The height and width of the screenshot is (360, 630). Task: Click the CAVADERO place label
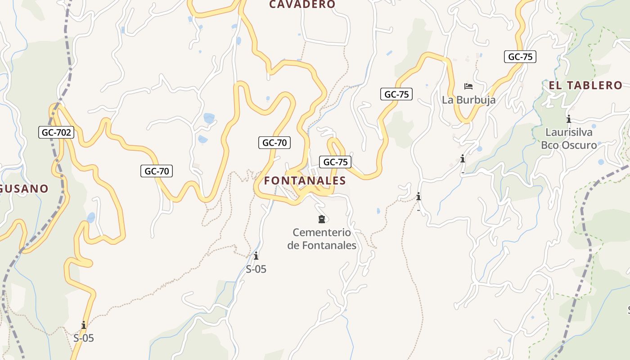302,4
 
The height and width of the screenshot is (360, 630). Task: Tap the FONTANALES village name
305,181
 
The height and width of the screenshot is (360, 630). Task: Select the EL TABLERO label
585,85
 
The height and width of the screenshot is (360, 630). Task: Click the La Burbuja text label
468,100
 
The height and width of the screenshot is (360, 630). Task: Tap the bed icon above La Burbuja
468,86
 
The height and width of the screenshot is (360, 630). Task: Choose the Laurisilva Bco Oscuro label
569,139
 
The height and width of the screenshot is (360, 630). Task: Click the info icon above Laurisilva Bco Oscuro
569,119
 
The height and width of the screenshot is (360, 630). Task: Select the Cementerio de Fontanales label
322,239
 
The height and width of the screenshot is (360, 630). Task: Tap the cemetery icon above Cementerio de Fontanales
321,220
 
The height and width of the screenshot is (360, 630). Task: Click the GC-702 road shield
56,132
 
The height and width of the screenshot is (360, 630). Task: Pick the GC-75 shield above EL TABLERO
520,57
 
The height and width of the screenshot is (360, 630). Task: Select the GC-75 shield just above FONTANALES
335,162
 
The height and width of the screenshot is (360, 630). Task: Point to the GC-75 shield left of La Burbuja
396,94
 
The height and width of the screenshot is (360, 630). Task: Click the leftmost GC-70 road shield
157,171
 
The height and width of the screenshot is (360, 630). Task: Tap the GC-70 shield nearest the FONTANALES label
274,143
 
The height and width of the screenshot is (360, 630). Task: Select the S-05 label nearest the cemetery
256,269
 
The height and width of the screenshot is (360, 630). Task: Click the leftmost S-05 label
84,338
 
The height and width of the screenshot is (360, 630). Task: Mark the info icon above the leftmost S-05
84,325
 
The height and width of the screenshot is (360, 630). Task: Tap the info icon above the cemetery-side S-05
256,256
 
